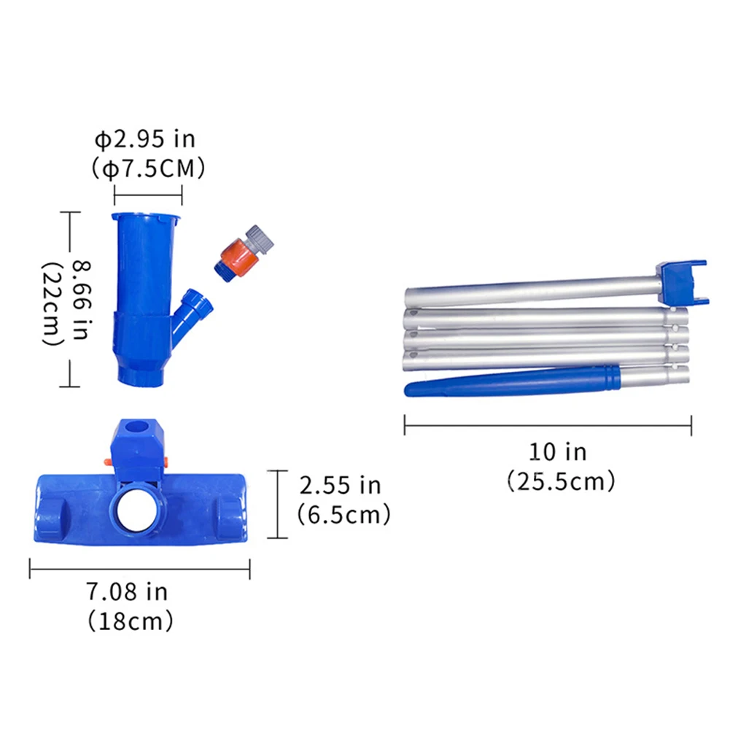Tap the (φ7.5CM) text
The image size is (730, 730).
click(148, 168)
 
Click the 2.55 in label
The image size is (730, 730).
click(340, 485)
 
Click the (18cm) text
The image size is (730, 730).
click(131, 621)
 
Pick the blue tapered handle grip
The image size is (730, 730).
click(510, 381)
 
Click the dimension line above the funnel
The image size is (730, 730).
click(148, 195)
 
